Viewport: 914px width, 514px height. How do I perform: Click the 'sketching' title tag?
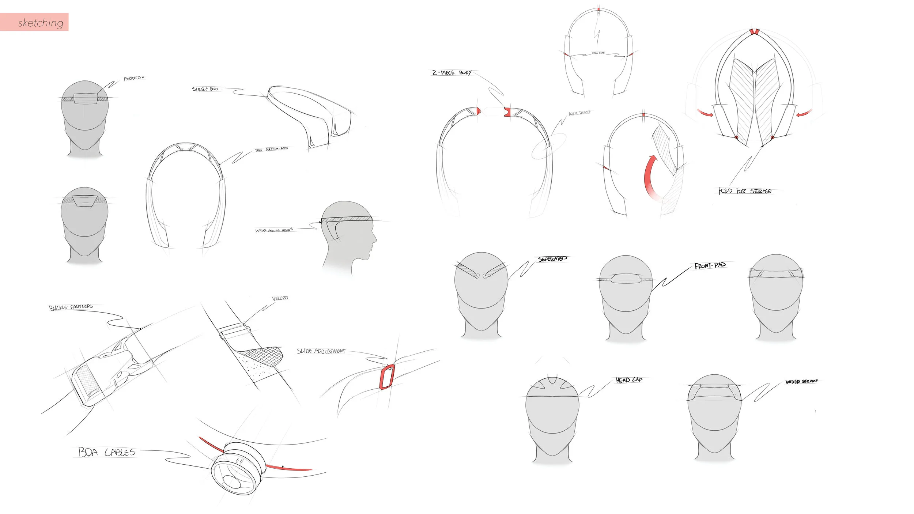click(x=40, y=23)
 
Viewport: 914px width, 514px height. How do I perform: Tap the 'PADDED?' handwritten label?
click(x=134, y=78)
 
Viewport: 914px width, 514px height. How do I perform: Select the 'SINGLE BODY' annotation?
click(x=205, y=89)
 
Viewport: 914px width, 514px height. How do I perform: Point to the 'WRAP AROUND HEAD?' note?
click(x=274, y=230)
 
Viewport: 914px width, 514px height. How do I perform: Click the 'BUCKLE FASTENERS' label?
click(x=71, y=307)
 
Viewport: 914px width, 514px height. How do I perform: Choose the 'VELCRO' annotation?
click(x=280, y=298)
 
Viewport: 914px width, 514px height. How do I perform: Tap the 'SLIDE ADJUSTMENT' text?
click(x=321, y=351)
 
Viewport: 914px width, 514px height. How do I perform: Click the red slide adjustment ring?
click(x=387, y=377)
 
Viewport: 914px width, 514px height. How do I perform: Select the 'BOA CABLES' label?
click(x=107, y=452)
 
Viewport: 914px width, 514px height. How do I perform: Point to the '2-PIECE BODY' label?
click(x=452, y=73)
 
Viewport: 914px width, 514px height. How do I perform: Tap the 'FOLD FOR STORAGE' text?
click(x=745, y=191)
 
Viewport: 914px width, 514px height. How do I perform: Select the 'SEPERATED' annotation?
click(x=552, y=259)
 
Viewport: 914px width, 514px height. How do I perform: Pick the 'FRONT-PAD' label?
click(x=710, y=265)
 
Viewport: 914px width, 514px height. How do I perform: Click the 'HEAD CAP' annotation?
click(x=629, y=380)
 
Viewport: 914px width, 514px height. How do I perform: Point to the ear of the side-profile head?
click(x=333, y=230)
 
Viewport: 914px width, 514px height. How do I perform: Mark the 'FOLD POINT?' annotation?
click(x=579, y=113)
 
